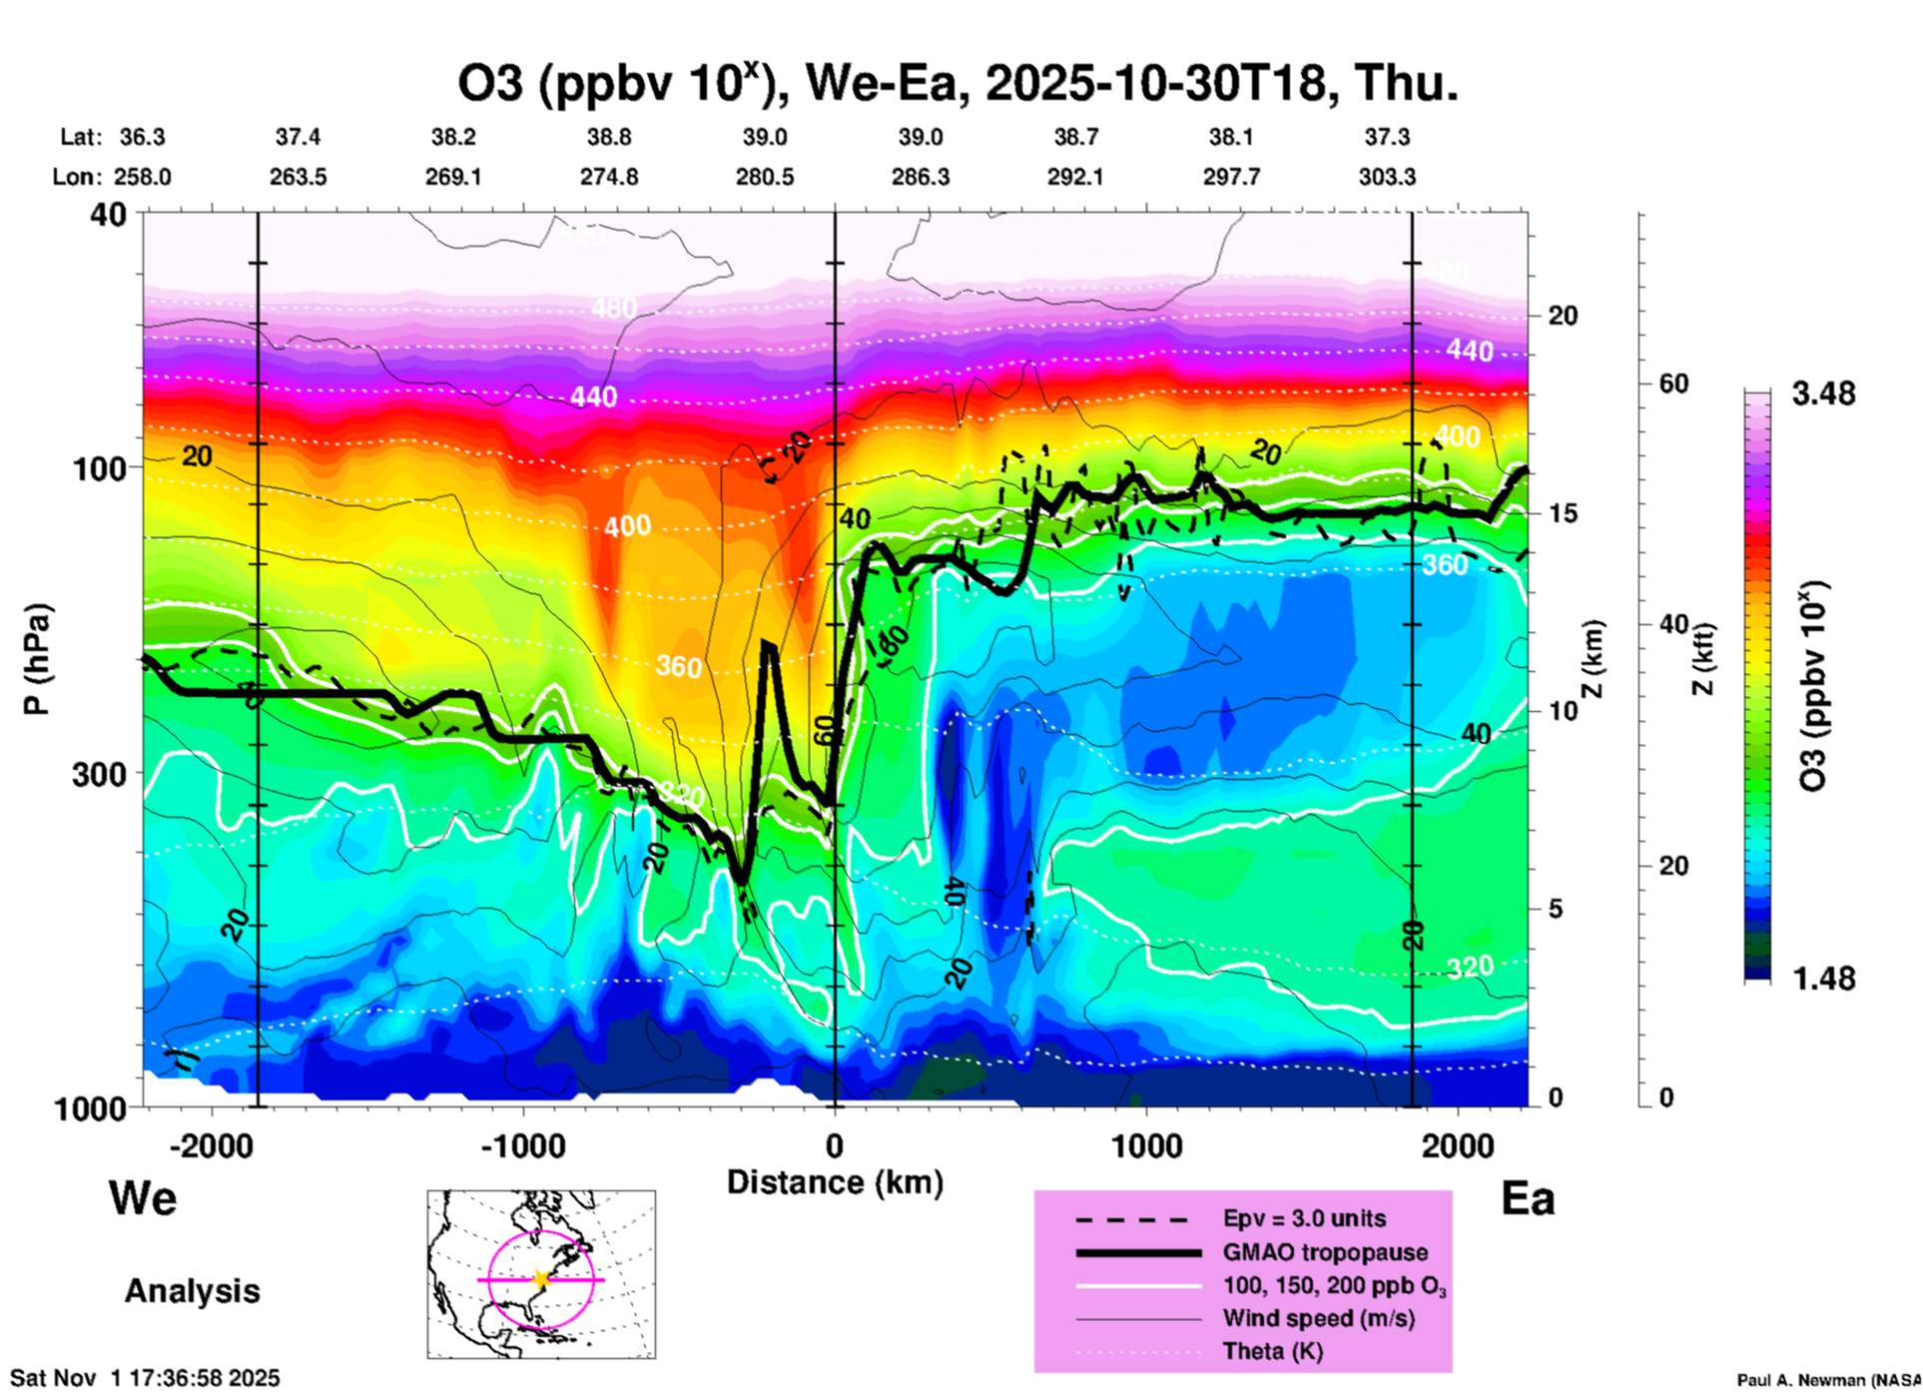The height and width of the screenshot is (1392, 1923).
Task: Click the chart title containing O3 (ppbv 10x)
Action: pyautogui.click(x=958, y=83)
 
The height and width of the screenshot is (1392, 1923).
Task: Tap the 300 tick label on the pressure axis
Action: pyautogui.click(x=100, y=774)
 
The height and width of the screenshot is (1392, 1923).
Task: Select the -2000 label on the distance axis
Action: pyautogui.click(x=211, y=1146)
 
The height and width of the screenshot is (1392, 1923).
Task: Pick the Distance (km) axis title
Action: pyautogui.click(x=835, y=1182)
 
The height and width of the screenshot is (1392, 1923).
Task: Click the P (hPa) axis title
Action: pyautogui.click(x=37, y=659)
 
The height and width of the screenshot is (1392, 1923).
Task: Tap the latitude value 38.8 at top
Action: pyautogui.click(x=609, y=137)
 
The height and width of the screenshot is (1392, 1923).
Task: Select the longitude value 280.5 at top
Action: pyautogui.click(x=765, y=177)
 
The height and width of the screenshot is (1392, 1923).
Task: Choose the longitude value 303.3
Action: pyautogui.click(x=1387, y=177)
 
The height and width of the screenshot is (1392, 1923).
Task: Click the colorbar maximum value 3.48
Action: pyautogui.click(x=1823, y=394)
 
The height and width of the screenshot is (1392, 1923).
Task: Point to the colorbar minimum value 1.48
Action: pyautogui.click(x=1823, y=979)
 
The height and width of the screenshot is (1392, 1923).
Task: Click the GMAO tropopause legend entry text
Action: pyautogui.click(x=1325, y=1252)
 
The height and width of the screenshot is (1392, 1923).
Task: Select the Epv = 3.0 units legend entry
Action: pyautogui.click(x=1304, y=1218)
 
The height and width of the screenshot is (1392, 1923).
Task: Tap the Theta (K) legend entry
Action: pyautogui.click(x=1272, y=1351)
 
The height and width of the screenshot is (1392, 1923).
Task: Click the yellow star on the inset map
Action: pyautogui.click(x=541, y=1279)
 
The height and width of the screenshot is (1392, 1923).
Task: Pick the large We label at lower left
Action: pyautogui.click(x=143, y=1197)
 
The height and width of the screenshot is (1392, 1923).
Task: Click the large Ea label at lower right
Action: pyautogui.click(x=1528, y=1199)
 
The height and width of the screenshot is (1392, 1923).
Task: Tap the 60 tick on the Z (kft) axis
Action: pyautogui.click(x=1673, y=384)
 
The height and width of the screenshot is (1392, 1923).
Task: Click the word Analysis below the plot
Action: pyautogui.click(x=192, y=1291)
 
